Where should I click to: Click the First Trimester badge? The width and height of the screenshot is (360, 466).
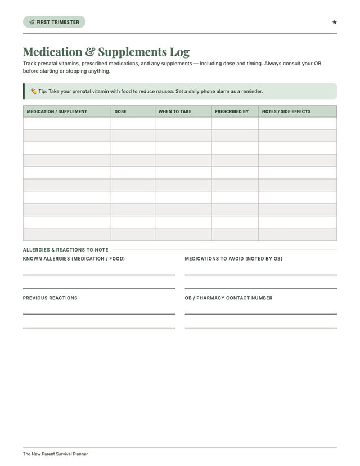[54, 22]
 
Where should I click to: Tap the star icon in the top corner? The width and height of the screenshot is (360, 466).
[334, 22]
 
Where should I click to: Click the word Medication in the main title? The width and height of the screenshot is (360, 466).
[52, 52]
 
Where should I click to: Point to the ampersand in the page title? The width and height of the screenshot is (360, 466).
[90, 52]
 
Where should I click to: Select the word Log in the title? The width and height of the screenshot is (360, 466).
[179, 52]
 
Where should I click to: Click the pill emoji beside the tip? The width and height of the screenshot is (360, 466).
[34, 91]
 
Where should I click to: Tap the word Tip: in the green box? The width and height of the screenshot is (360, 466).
[42, 91]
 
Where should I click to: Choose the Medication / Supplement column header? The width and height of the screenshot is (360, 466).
[57, 111]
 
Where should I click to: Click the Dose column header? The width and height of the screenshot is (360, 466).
[120, 111]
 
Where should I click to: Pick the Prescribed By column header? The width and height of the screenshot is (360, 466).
[232, 111]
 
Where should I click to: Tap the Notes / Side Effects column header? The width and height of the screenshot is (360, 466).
[286, 111]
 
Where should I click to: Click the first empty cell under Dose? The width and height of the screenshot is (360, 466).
[133, 123]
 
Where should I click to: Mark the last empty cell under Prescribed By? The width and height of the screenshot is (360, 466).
[235, 235]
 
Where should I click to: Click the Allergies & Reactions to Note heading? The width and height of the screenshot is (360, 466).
[66, 250]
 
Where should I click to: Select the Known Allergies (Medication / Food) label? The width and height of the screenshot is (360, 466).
[74, 259]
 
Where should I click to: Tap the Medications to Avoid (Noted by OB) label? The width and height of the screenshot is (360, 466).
[233, 259]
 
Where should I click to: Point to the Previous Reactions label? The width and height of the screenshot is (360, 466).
[50, 298]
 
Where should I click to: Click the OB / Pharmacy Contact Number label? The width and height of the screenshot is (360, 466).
[228, 298]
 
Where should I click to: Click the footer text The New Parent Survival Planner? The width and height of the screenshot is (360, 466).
[55, 454]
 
